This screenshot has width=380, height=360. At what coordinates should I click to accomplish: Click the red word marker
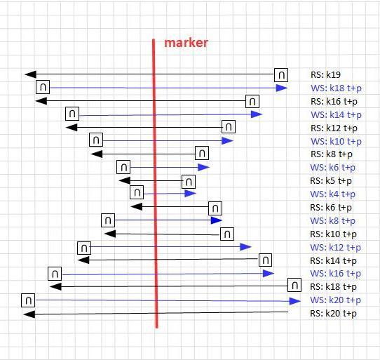186,43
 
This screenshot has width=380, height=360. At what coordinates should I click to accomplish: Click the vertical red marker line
155,183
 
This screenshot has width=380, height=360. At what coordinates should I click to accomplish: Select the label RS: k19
325,74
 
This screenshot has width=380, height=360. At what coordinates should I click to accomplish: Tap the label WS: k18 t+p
336,88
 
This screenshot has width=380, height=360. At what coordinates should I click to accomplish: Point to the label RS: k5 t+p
331,181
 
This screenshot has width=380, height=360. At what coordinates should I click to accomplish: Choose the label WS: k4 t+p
332,194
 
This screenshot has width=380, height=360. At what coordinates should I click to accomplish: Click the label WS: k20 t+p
335,300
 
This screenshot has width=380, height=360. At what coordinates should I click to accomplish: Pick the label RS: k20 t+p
333,314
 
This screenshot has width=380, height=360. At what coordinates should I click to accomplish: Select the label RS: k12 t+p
334,128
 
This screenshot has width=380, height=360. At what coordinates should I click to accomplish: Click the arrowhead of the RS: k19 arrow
30,74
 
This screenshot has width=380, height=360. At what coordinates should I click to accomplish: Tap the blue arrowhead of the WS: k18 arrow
282,88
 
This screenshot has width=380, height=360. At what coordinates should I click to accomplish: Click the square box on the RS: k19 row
281,75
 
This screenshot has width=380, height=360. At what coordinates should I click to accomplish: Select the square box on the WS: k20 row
28,300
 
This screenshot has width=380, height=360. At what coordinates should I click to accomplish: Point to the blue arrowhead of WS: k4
190,194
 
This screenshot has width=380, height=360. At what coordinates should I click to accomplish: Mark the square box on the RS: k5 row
189,182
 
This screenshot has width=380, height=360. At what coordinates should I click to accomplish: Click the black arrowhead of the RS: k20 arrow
29,314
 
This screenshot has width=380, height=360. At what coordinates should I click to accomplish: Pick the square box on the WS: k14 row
72,114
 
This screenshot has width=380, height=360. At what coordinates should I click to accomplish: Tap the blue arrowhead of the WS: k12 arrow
245,247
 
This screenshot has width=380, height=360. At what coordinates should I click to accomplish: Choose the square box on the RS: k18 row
294,285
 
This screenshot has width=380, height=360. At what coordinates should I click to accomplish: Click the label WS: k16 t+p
335,274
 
